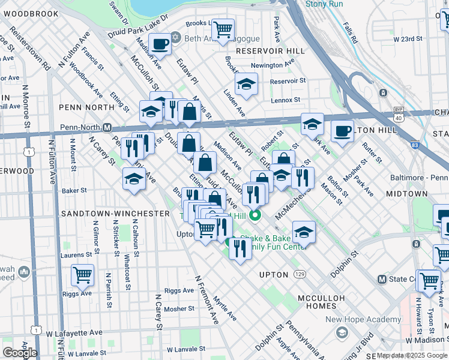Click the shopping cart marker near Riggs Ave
82,275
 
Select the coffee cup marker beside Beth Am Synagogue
160,44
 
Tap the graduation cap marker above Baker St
134,179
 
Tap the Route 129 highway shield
299,274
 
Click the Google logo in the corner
20,352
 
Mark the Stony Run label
324,4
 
